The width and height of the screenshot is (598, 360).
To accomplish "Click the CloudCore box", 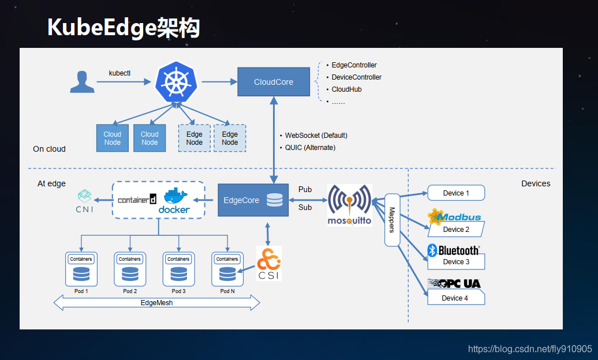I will [x=274, y=82].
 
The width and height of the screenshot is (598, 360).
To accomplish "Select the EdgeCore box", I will [x=253, y=200].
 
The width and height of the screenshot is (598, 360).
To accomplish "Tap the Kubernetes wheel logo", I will [x=176, y=82].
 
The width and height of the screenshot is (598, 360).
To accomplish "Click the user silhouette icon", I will [x=82, y=82].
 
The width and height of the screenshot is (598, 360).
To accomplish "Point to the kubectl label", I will [x=120, y=73].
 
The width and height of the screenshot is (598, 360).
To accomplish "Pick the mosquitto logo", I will [x=349, y=205].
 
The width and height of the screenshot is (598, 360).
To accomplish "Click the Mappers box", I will [x=392, y=220].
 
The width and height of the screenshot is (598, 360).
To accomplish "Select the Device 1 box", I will [x=456, y=193].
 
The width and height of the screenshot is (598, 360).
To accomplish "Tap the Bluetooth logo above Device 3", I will [x=454, y=250].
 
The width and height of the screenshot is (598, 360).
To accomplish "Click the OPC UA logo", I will [x=454, y=283].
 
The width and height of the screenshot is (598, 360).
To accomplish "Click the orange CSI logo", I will [x=269, y=262].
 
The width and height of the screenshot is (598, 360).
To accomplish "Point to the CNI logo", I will [x=84, y=201].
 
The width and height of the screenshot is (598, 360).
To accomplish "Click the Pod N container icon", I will [x=227, y=269].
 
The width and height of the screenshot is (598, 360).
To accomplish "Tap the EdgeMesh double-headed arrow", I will [x=156, y=302].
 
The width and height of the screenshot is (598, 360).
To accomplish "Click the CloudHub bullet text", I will [x=346, y=89].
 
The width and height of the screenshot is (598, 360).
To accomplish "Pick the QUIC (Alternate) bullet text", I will [x=310, y=148].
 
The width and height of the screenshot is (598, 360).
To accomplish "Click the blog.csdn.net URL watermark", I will [x=529, y=349].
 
